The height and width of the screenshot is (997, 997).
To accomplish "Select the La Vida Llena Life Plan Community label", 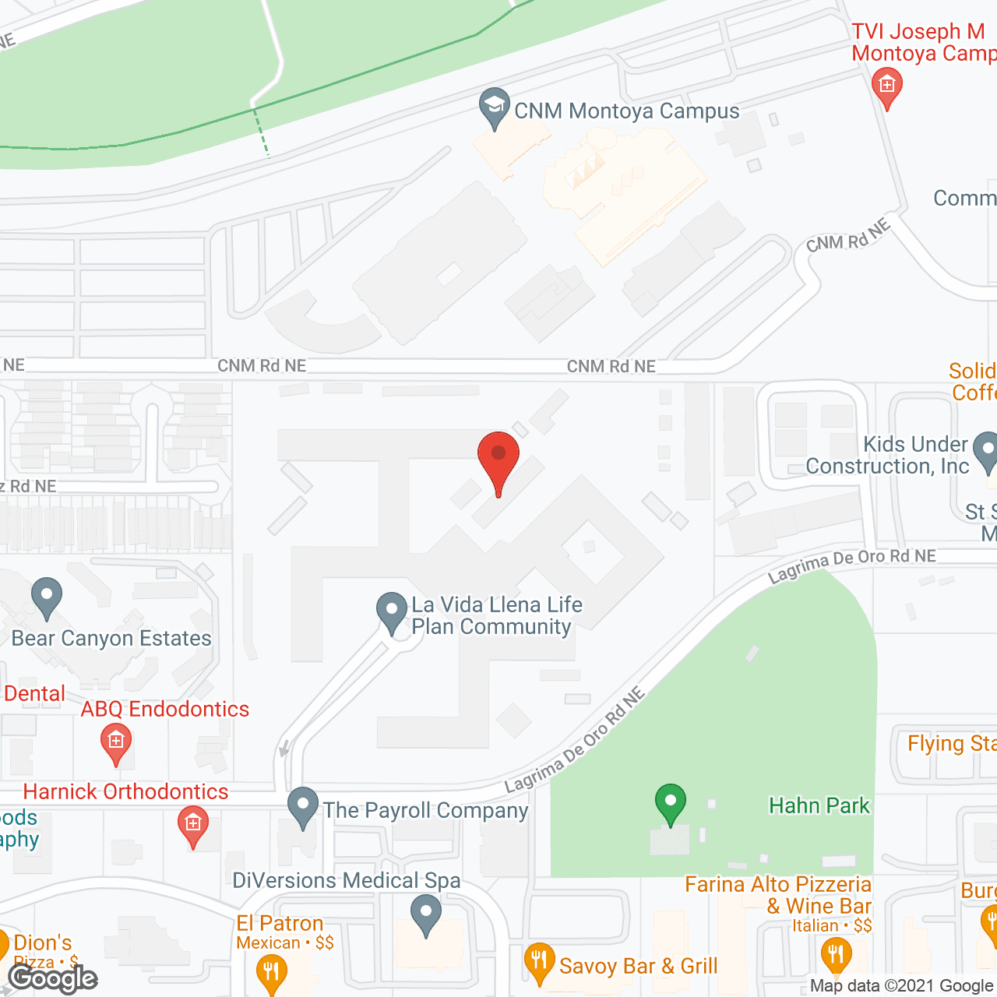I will (x=496, y=615).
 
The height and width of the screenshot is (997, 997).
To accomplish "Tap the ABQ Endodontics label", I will (x=165, y=709).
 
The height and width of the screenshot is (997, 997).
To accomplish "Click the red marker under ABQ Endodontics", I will (x=116, y=743).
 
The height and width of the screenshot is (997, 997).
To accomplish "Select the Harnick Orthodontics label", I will (x=125, y=791).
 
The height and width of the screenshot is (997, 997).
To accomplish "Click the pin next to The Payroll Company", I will (x=303, y=808).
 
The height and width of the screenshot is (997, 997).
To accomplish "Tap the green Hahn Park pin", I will (x=670, y=803).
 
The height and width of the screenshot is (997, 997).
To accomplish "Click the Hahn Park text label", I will (x=819, y=805).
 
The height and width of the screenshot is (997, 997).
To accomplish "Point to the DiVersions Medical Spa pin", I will (x=425, y=914).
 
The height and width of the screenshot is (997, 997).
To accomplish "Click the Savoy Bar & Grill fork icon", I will (x=539, y=964).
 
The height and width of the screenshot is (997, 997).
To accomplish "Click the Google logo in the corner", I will (x=53, y=978).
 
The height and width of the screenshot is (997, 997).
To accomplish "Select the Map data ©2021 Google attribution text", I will (x=902, y=985).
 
